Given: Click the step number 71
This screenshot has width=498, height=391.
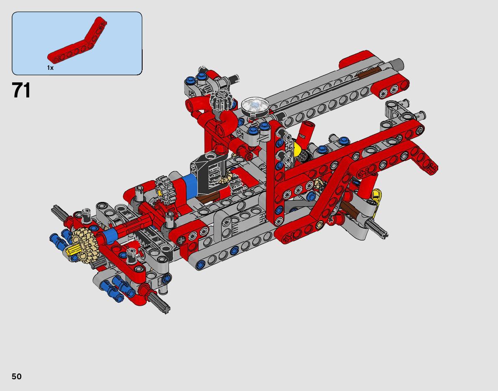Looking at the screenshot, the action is [21, 90].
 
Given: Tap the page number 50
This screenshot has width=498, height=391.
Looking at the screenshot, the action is [17, 376].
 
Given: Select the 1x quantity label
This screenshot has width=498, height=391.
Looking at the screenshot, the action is [50, 68].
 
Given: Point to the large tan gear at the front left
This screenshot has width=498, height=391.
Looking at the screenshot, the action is [84, 243].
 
